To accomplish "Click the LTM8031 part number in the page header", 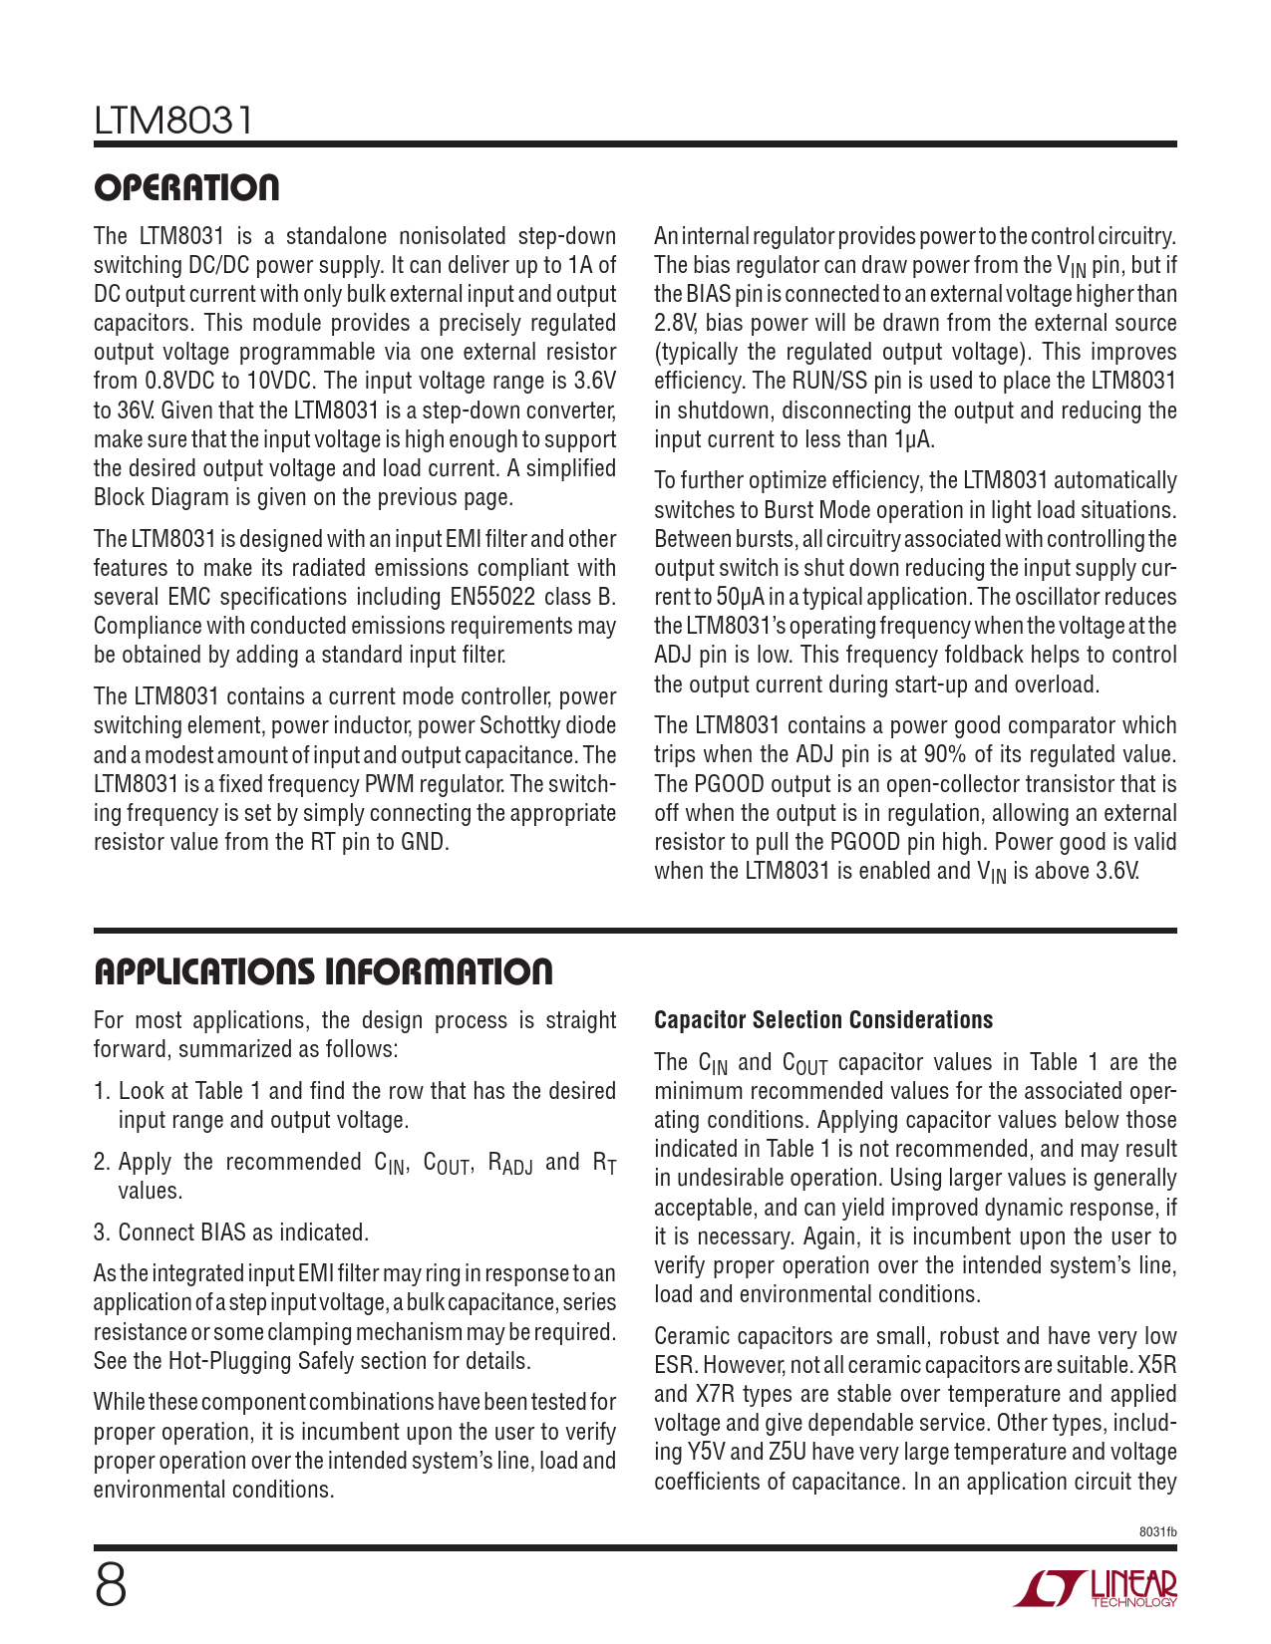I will point(174,122).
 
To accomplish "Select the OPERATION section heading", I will point(186,187).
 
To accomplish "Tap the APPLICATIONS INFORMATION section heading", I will point(323,971).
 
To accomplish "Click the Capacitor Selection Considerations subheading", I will point(823,1020).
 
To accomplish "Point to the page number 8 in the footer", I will point(111,1585).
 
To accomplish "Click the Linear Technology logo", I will point(1097,1588).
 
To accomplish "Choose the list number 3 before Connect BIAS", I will point(101,1233).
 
